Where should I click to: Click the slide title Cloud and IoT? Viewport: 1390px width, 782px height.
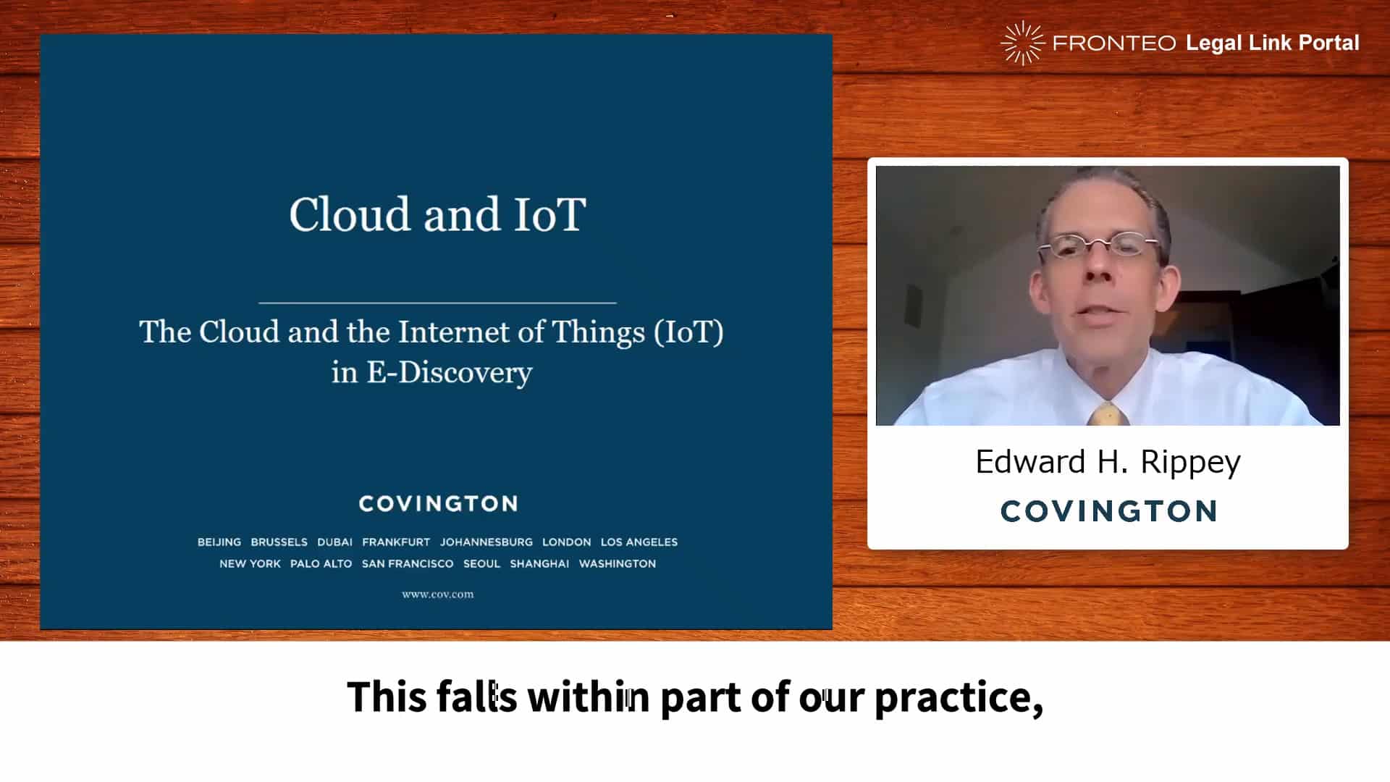(x=437, y=214)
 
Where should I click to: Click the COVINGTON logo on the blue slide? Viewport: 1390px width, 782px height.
(x=438, y=503)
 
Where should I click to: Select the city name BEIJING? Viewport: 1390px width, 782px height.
(x=219, y=542)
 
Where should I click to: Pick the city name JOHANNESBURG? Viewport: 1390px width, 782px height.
(x=486, y=542)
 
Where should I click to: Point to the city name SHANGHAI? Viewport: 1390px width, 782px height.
(x=539, y=563)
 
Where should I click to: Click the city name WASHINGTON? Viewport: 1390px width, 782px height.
(x=618, y=563)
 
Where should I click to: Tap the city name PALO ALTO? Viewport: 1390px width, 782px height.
(x=321, y=563)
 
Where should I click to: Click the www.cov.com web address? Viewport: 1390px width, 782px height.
(x=438, y=594)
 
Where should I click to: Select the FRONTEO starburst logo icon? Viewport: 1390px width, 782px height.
(x=1022, y=43)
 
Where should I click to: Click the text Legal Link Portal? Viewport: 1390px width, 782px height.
(x=1272, y=43)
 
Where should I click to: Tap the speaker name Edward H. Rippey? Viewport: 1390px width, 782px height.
(x=1108, y=462)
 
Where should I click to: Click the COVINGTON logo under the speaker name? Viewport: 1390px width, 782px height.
(x=1108, y=511)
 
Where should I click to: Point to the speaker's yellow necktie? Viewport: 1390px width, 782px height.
(x=1105, y=415)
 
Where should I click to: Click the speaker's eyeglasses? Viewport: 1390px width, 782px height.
(x=1099, y=246)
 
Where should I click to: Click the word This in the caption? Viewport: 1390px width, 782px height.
(x=387, y=697)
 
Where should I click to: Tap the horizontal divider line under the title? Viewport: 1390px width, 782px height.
(x=437, y=303)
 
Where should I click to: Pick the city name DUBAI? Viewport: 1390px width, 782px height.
(x=334, y=542)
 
